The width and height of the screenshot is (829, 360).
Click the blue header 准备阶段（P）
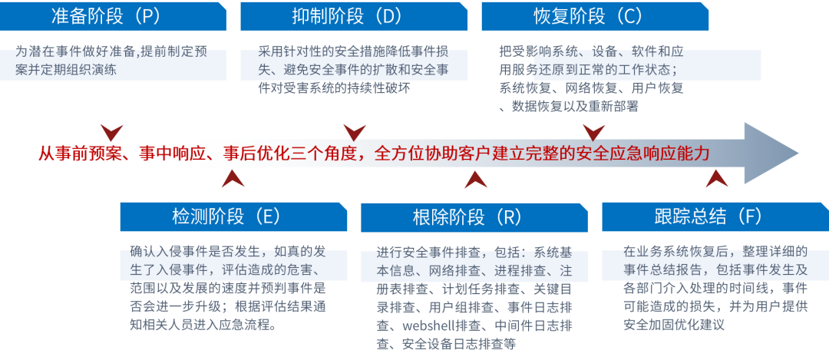click(x=113, y=15)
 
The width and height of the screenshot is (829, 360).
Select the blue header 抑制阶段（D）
click(x=354, y=15)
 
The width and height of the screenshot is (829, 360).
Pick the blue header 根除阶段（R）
click(x=474, y=216)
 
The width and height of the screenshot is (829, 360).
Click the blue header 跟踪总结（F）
click(x=715, y=216)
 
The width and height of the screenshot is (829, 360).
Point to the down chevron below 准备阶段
click(x=113, y=131)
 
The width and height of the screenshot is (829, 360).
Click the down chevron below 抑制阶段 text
click(x=354, y=131)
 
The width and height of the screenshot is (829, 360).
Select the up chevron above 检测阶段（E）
click(x=233, y=179)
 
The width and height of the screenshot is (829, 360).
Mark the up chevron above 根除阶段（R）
click(x=476, y=179)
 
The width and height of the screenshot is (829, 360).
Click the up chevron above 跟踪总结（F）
click(x=717, y=179)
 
